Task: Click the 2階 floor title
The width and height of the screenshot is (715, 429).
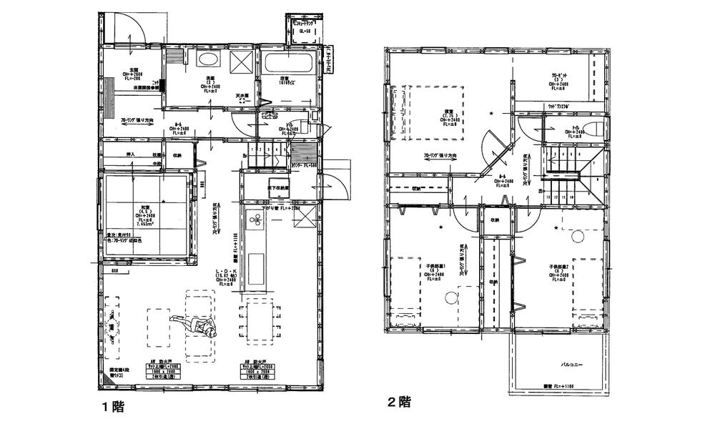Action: (400, 401)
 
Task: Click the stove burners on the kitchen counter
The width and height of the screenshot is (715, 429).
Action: (255, 222)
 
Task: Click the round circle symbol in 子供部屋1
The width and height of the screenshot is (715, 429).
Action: (450, 299)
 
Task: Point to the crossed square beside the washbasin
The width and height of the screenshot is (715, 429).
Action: (242, 61)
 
